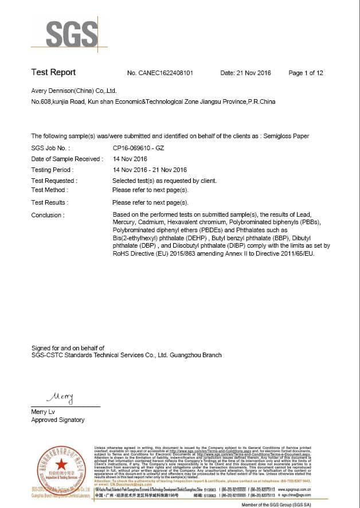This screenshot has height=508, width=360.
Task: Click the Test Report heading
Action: click(x=53, y=72)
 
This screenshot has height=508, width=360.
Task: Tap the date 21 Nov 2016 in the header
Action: click(x=253, y=73)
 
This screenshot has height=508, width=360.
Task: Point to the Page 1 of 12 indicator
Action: click(x=306, y=73)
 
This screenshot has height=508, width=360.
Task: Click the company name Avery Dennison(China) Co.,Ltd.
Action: click(x=74, y=91)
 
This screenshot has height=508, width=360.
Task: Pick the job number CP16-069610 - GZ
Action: click(x=138, y=147)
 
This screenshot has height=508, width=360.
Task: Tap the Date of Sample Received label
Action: click(x=66, y=159)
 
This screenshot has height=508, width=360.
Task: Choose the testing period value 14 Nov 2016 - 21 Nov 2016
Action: click(x=150, y=170)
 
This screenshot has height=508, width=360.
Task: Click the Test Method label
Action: click(x=49, y=190)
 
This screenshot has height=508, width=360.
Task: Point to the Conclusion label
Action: click(x=48, y=215)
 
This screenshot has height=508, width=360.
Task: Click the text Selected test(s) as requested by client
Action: click(x=165, y=181)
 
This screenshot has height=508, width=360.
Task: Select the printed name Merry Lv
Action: click(x=43, y=412)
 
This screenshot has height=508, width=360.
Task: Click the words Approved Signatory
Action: click(x=57, y=420)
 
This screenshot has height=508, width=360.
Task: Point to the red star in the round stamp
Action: click(x=62, y=464)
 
